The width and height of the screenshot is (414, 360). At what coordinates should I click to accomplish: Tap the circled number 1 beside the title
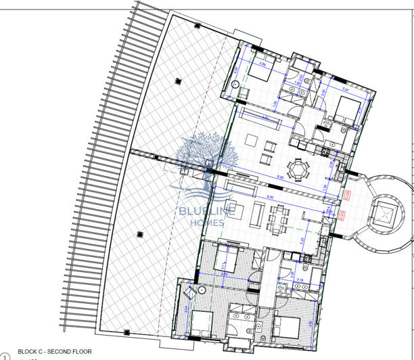tap(6, 355)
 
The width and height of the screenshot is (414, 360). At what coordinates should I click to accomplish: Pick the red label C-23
tap(342, 216)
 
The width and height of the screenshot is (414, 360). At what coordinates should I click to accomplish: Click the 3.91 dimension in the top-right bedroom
tap(344, 89)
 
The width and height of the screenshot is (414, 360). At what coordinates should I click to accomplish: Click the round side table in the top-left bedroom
tap(235, 85)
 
